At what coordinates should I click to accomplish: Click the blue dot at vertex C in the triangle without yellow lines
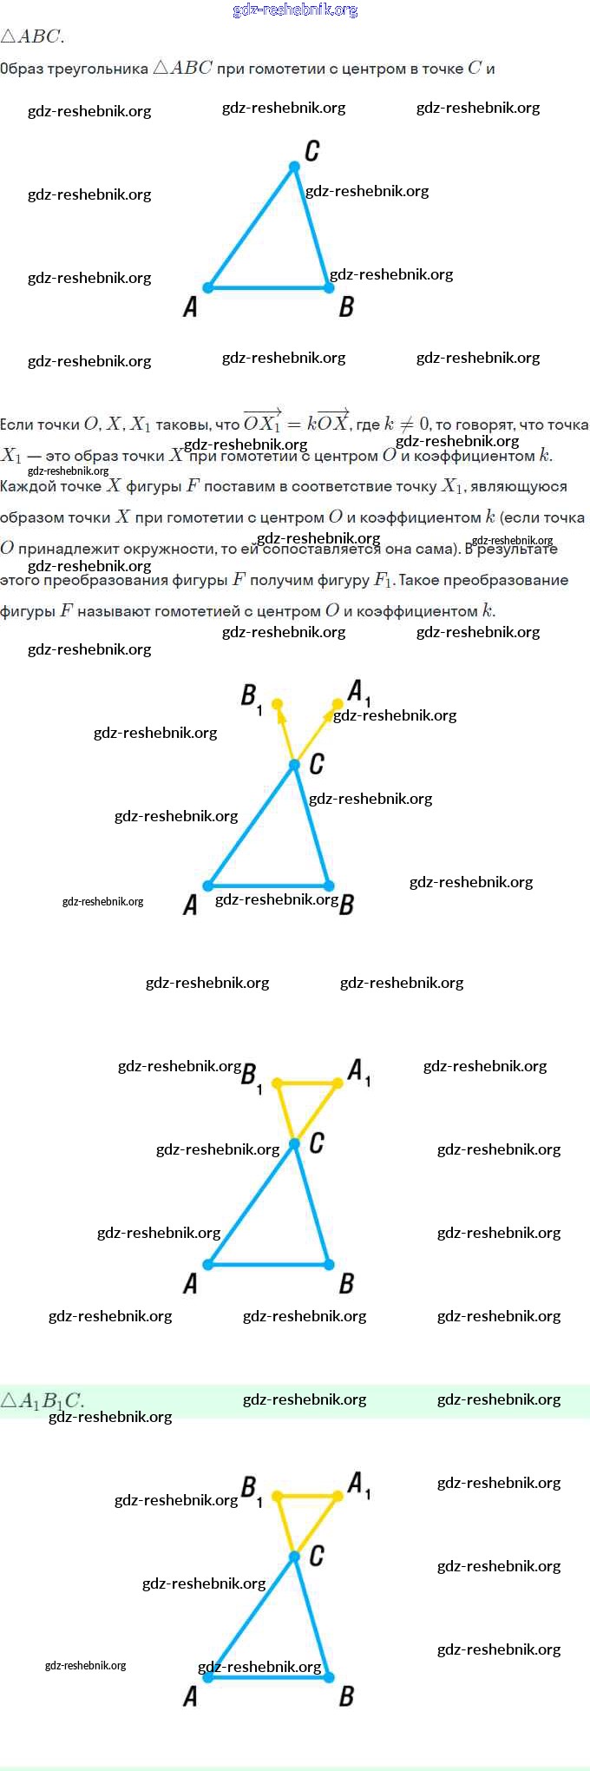295,166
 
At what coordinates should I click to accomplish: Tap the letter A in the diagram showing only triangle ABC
190,306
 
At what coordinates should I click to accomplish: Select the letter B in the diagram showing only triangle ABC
346,306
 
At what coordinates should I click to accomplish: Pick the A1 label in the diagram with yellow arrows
358,692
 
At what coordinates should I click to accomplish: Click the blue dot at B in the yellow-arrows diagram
329,886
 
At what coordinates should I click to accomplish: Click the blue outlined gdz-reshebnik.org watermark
295,10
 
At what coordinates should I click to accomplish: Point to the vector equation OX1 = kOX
296,423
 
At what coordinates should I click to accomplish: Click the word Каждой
25,486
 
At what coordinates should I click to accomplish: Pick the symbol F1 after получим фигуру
383,581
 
